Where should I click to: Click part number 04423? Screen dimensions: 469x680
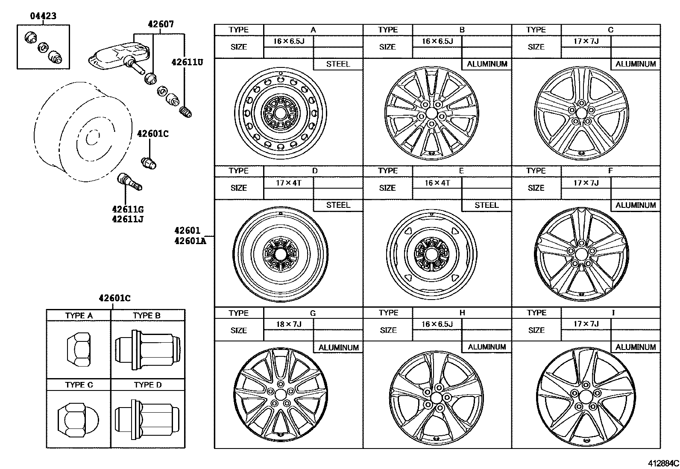click(x=43, y=16)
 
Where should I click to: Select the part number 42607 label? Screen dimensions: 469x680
click(x=161, y=24)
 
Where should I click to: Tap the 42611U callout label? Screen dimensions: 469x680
click(x=187, y=62)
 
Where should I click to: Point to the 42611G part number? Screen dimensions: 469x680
click(x=127, y=210)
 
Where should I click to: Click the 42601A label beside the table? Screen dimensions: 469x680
click(x=190, y=241)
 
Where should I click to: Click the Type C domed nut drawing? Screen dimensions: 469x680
click(x=78, y=419)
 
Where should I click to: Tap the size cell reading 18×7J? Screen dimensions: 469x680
click(x=288, y=324)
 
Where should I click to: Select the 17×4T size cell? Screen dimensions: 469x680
click(x=288, y=183)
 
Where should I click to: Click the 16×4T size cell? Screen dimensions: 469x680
click(x=437, y=183)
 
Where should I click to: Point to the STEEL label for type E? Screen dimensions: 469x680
click(x=487, y=205)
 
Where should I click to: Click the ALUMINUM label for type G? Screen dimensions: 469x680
click(x=338, y=347)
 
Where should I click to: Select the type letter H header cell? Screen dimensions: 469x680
click(x=462, y=313)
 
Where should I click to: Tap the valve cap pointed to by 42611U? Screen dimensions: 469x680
click(x=187, y=112)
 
